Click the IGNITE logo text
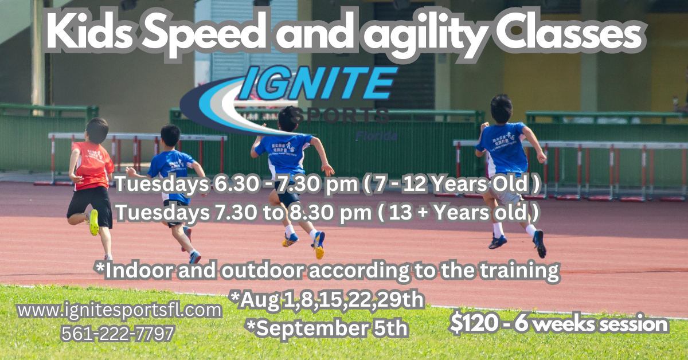tap(318, 84)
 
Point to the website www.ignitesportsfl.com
tap(119, 311)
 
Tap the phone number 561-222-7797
tap(118, 334)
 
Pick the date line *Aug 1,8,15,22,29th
tap(326, 299)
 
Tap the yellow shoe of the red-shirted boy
tap(93, 222)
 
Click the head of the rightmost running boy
tap(501, 107)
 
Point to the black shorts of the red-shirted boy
tap(90, 204)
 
